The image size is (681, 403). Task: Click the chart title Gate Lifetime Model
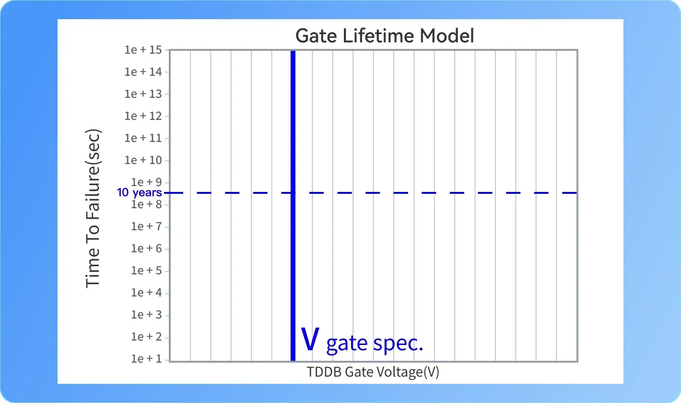click(385, 36)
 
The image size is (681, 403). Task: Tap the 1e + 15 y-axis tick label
click(143, 50)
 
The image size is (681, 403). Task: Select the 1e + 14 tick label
click(143, 72)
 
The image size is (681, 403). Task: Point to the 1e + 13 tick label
click(143, 94)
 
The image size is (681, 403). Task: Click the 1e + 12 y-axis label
click(143, 116)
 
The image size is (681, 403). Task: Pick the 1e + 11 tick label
click(143, 138)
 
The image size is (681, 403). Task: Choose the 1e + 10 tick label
click(143, 160)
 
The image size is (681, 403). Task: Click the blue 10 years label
click(139, 193)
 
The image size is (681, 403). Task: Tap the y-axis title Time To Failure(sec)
click(93, 208)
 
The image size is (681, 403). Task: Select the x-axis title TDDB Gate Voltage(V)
click(373, 372)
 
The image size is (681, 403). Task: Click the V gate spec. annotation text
click(362, 341)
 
